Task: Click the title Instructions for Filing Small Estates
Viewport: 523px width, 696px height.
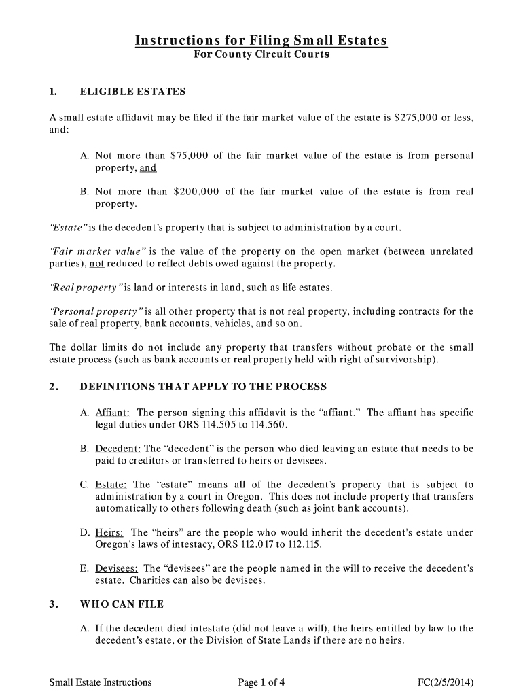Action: coord(261,41)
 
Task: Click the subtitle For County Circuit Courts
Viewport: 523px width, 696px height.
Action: coord(261,54)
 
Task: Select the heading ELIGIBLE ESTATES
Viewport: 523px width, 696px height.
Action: coord(132,92)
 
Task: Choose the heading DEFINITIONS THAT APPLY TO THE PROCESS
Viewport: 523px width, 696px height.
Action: coord(203,387)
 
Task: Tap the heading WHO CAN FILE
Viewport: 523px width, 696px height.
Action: coord(122,604)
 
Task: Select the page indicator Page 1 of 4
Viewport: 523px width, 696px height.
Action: coord(261,682)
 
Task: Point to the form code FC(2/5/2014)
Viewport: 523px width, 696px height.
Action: coord(446,682)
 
